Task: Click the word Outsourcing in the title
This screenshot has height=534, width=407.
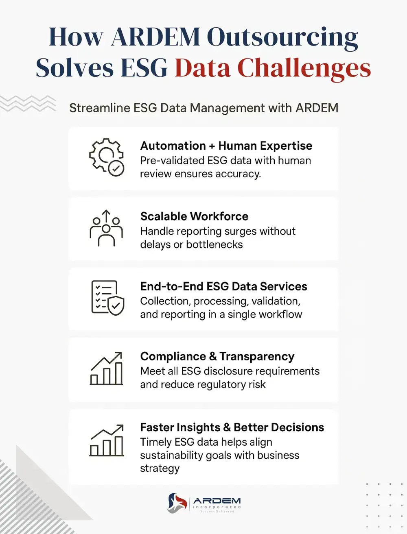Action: [x=282, y=37]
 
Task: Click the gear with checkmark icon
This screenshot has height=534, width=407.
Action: [x=107, y=157]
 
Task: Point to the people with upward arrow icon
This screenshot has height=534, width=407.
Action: [x=106, y=228]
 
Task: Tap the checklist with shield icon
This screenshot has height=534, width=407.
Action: [x=107, y=298]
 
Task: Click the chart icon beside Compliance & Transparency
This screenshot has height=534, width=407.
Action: [x=106, y=368]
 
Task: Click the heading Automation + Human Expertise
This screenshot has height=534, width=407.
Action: [x=226, y=146]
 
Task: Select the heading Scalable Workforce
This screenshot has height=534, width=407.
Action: [x=194, y=216]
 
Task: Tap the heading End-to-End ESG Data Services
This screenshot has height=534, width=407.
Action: [x=223, y=286]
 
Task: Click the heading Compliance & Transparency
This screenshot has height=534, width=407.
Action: [x=217, y=356]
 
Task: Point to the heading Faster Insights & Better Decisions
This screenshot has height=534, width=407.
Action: [x=232, y=427]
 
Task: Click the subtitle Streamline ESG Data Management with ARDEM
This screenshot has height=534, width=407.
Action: [x=203, y=108]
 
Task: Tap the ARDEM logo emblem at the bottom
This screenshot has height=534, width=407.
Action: [x=177, y=503]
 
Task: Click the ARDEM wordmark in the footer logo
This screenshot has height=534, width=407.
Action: [x=217, y=501]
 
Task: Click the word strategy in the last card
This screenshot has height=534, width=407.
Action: [x=160, y=469]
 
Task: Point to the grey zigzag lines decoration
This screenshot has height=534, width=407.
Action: [x=28, y=103]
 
